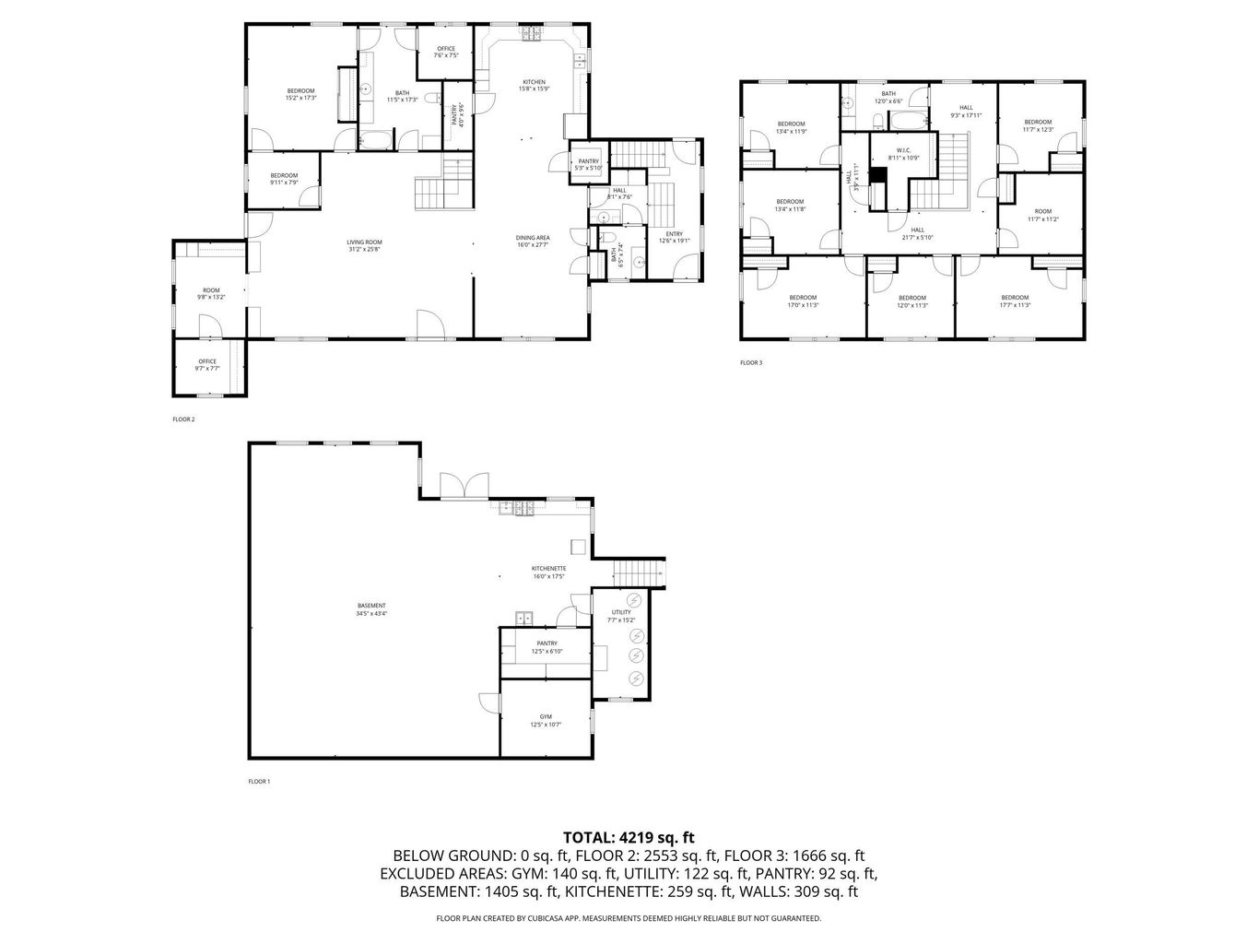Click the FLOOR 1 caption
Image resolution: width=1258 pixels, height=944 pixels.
tap(259, 782)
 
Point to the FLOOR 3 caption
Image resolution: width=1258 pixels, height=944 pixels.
tap(751, 363)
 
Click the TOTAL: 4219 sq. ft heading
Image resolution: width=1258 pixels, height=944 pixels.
tap(629, 838)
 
